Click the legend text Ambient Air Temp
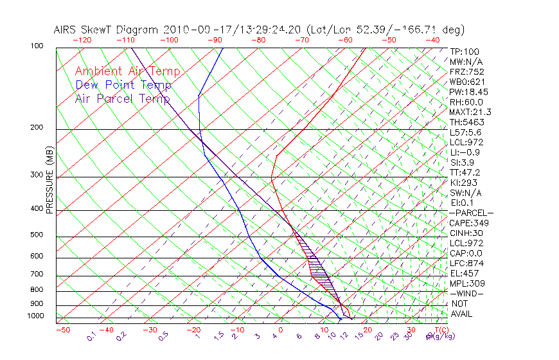coord(127,71)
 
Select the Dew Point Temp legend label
coord(123,85)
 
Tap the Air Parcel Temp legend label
coord(122,98)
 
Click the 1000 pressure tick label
coord(37,316)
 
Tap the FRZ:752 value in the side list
coord(467,71)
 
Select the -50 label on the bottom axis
coord(63,330)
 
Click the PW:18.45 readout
coord(469,92)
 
